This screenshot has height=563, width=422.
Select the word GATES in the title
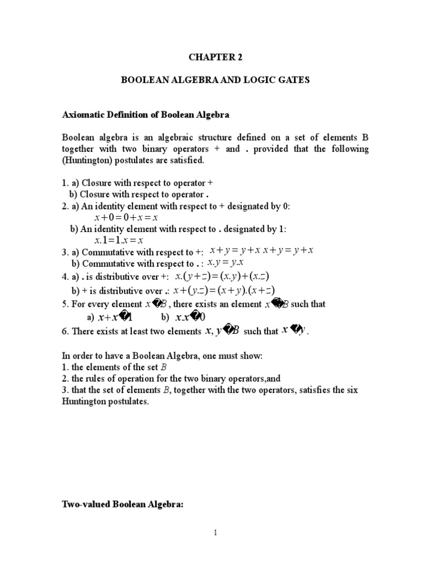click(294, 80)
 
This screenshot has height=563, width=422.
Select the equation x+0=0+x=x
click(126, 218)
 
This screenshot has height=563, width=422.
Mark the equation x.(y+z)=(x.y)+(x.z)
click(222, 276)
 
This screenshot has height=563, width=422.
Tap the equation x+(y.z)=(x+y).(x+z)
click(224, 290)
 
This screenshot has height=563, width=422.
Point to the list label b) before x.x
click(165, 318)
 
